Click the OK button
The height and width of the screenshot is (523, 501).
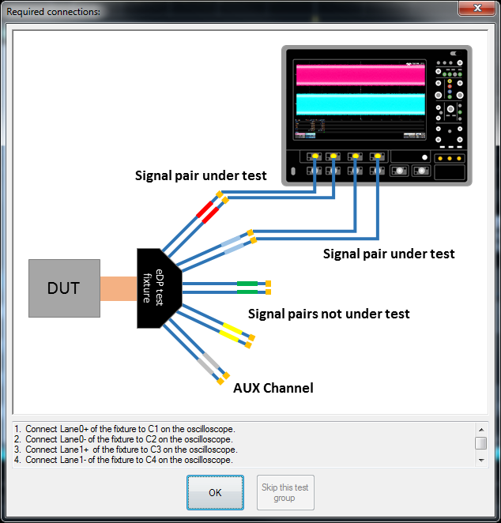point(215,492)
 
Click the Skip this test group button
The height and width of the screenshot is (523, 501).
point(284,492)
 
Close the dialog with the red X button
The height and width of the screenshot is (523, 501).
point(477,8)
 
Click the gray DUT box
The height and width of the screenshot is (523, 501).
point(64,288)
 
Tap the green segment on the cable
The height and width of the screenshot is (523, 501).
point(247,283)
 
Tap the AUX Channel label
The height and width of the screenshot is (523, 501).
point(273,388)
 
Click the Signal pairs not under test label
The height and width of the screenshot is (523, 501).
point(329,314)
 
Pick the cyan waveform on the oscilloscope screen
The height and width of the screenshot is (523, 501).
point(360,103)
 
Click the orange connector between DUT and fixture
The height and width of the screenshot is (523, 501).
point(119,288)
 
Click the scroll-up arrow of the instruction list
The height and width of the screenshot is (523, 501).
point(480,429)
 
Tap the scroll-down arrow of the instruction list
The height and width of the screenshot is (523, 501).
point(480,459)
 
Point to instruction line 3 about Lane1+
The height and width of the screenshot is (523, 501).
point(130,450)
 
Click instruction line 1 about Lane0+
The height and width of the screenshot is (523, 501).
point(130,429)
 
